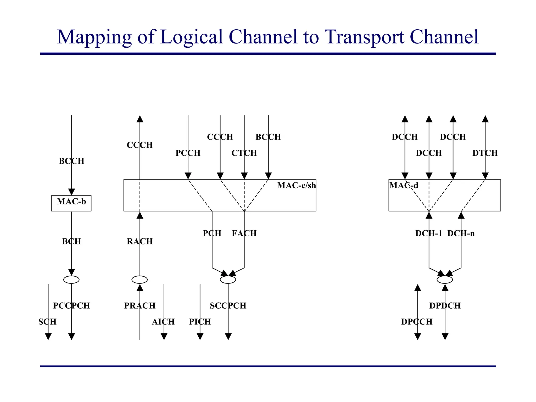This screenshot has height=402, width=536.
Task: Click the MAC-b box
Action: click(71, 203)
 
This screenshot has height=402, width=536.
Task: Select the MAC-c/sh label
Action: click(296, 186)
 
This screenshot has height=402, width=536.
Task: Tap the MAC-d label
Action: click(404, 186)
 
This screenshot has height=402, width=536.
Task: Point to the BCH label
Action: click(71, 241)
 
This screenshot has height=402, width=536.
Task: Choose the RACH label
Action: click(140, 241)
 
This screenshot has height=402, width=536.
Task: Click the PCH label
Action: click(212, 233)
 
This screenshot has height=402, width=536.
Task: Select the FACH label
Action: click(244, 233)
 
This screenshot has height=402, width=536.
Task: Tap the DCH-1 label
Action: click(428, 233)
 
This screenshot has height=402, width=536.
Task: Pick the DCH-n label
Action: click(461, 233)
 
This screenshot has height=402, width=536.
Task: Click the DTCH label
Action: click(485, 153)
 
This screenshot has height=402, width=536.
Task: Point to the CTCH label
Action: click(244, 153)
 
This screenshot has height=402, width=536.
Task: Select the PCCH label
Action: click(188, 153)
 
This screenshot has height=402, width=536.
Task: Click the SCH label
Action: click(47, 322)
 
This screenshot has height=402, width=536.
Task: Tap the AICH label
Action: click(163, 322)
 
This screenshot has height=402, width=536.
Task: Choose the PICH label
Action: click(200, 322)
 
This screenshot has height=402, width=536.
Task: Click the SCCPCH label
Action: click(228, 306)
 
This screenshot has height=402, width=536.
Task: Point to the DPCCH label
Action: click(417, 322)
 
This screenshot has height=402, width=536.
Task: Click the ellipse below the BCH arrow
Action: click(71, 280)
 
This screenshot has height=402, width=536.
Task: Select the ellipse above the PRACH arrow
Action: click(139, 280)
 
